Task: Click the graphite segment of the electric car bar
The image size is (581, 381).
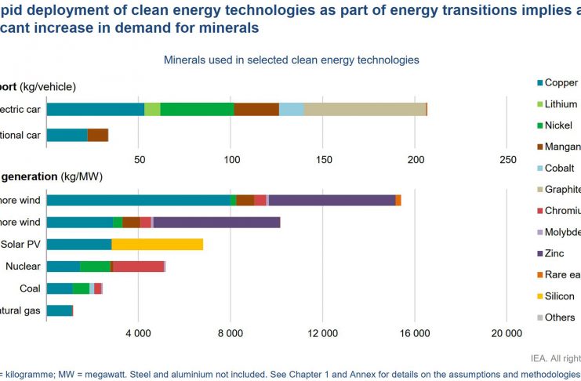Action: coord(365,109)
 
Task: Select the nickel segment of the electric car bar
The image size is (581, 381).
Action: coord(197,109)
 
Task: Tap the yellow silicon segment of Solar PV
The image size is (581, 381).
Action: coord(157,244)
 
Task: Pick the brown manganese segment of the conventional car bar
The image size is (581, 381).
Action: coord(97,135)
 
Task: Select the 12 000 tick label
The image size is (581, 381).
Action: coord(322,334)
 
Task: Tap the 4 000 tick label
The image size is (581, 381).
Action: coord(138,334)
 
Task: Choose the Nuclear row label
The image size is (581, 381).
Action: coord(23,267)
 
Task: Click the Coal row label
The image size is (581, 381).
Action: coord(30,288)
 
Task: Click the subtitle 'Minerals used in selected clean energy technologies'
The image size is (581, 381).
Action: coord(290,60)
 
